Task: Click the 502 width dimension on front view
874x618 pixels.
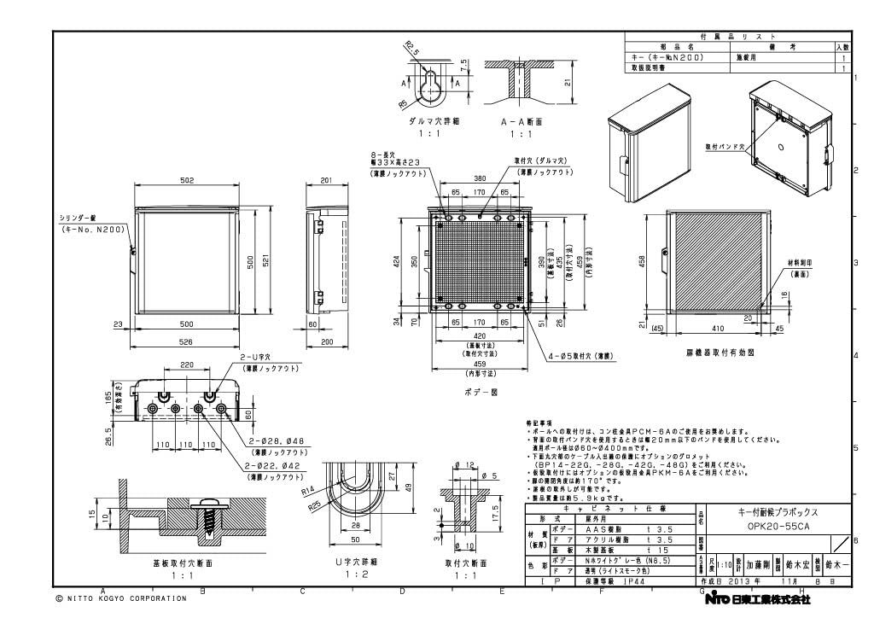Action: coord(187,181)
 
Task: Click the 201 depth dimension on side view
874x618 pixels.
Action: coord(325,181)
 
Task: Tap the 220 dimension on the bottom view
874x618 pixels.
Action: coord(187,364)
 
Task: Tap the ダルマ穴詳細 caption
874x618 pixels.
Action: coord(434,122)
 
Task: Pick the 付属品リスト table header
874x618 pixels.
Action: coord(737,38)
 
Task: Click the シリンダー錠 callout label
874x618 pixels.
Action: coord(80,219)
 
